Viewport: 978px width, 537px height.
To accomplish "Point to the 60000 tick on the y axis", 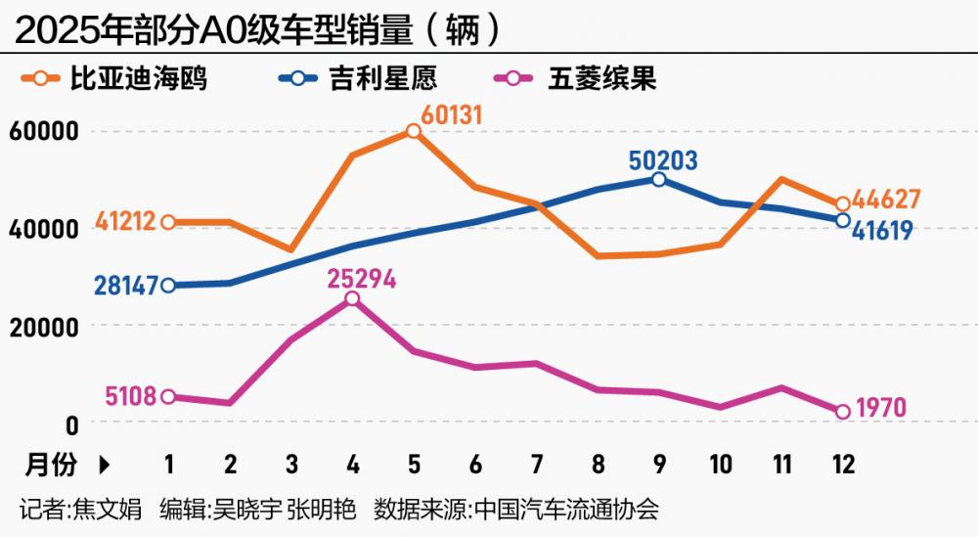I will point(43,132).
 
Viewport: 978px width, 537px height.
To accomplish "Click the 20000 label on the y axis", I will point(43,327).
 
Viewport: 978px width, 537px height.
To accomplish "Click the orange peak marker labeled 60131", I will point(414,131).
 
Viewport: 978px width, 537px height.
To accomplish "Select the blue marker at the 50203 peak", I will point(658,179).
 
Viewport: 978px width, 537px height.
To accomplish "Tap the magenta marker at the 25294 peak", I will point(352,299).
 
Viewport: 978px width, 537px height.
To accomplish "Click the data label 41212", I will point(125,223).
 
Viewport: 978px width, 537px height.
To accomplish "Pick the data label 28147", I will point(125,286).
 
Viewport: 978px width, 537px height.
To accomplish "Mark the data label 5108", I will point(130,397).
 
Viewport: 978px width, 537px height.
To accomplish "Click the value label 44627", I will point(886,200).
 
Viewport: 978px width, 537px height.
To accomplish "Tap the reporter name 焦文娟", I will point(110,510).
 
